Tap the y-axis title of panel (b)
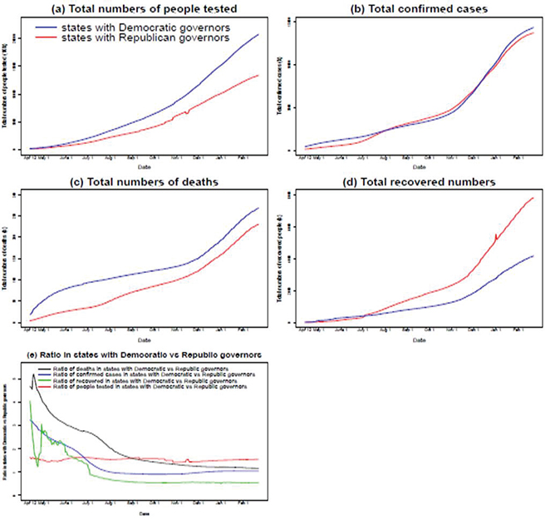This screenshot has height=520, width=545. click(280, 87)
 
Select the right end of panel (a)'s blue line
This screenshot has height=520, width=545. click(258, 35)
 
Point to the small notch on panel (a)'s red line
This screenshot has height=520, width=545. click(187, 111)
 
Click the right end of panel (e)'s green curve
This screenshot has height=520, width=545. click(258, 483)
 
